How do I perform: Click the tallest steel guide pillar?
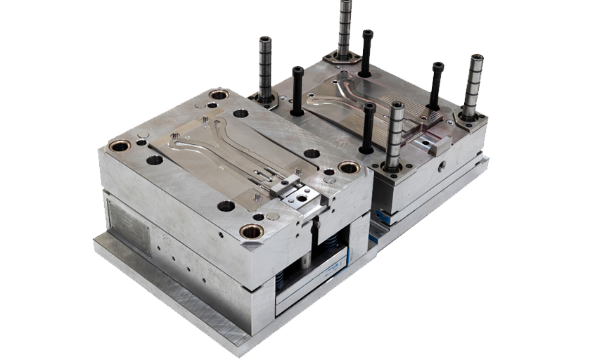tap(345, 28)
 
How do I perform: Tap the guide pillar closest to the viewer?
tap(395, 134)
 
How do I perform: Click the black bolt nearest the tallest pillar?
tap(366, 52)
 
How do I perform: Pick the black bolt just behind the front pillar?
tap(368, 127)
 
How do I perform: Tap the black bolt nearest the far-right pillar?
tap(436, 84)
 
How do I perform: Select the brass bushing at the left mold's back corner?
tap(219, 94)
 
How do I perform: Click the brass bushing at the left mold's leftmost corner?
tap(119, 146)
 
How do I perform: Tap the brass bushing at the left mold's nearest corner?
tap(251, 231)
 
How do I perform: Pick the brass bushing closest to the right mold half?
tap(349, 167)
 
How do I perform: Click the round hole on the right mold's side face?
tap(441, 167)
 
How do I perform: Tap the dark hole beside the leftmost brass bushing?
tap(154, 160)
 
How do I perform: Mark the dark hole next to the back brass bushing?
tap(241, 112)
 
